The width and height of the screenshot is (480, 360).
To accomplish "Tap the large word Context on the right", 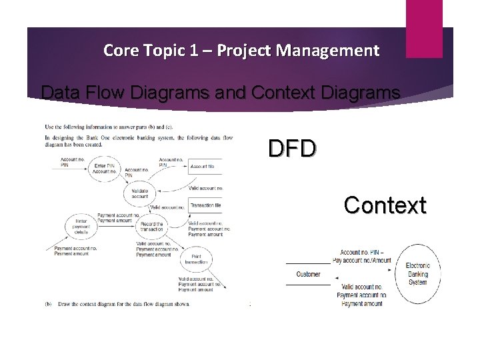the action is pyautogui.click(x=385, y=205).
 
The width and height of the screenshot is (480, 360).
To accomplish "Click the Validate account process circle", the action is pyautogui.click(x=139, y=193).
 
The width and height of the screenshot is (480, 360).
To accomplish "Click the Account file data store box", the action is pyautogui.click(x=205, y=167).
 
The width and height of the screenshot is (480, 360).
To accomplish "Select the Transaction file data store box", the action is pyautogui.click(x=205, y=207).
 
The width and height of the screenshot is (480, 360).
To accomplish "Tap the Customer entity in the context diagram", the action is pyautogui.click(x=308, y=275).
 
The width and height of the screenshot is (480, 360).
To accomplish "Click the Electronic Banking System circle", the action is pyautogui.click(x=417, y=274).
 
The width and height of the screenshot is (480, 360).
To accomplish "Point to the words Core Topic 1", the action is pyautogui.click(x=141, y=50).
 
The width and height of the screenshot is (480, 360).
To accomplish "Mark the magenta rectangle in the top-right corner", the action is pyautogui.click(x=423, y=19).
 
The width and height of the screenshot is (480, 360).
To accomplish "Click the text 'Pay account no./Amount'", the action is pyautogui.click(x=362, y=261).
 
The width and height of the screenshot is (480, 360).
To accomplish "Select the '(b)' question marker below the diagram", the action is pyautogui.click(x=48, y=304).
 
